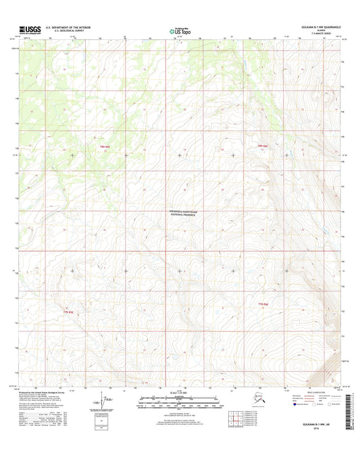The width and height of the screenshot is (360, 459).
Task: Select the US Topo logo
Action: point(179,30)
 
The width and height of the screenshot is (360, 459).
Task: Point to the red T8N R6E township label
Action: point(262,146)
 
